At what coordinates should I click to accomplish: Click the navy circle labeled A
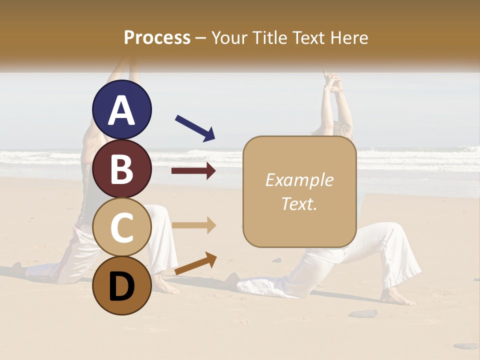coord(121,110)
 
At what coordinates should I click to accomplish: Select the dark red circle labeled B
coord(121,169)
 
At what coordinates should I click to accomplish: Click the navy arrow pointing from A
coord(195,127)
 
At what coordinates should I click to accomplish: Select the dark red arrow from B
coord(193,171)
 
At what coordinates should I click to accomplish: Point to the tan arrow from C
coord(193,225)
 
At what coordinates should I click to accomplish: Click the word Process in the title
coord(157,37)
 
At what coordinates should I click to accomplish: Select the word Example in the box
coord(299,180)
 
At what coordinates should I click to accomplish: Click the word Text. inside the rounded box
coord(299,203)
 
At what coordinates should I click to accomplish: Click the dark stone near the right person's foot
coord(363,313)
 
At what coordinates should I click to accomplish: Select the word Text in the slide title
coord(309,37)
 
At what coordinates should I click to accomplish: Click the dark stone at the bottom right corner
coord(466,345)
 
